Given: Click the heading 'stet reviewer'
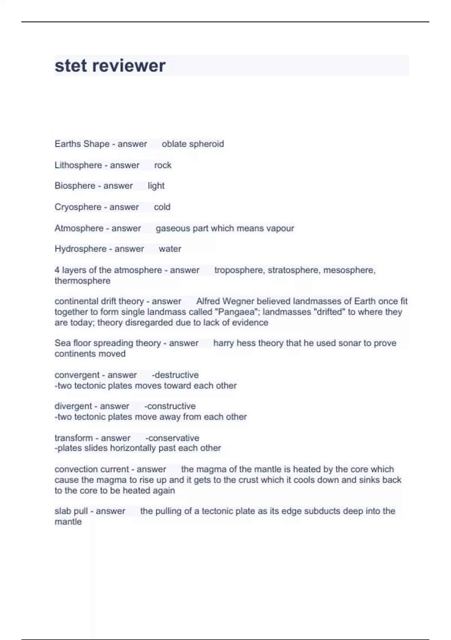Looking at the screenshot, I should point(110,66).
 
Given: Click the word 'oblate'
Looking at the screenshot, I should point(174,144).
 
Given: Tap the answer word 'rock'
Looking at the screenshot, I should point(163,165).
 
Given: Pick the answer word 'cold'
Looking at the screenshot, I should point(162,207).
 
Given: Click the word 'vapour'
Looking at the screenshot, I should point(280,228).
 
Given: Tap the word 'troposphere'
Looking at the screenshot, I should point(239,270).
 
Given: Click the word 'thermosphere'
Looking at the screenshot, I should point(82,281).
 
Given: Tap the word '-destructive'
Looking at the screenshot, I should point(175,375).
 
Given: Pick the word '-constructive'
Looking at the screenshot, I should point(170,406).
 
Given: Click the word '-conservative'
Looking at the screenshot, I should point(172,438).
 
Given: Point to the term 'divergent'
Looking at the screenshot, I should point(73,406).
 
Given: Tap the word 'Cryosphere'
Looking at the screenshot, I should point(78,207).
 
